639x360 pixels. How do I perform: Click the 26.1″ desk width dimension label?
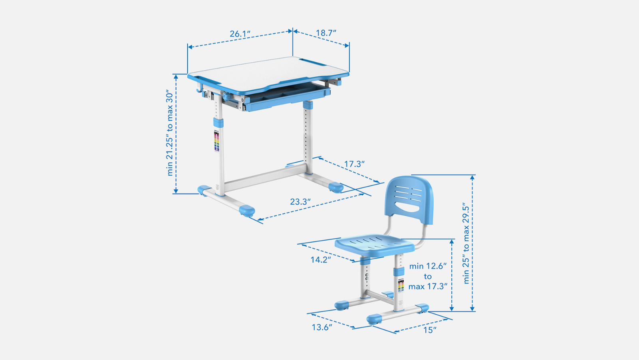[x=240, y=34]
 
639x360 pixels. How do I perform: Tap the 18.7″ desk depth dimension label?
[x=326, y=33]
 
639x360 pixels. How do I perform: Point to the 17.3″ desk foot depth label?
[x=354, y=164]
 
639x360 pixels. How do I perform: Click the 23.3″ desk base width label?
[x=300, y=202]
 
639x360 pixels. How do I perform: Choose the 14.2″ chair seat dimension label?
[x=321, y=260]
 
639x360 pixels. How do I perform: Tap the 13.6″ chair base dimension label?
[x=322, y=328]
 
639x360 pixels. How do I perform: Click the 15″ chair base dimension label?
[x=430, y=330]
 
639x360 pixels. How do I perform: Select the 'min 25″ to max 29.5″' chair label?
[x=466, y=243]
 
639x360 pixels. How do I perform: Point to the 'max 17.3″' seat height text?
[x=428, y=286]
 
